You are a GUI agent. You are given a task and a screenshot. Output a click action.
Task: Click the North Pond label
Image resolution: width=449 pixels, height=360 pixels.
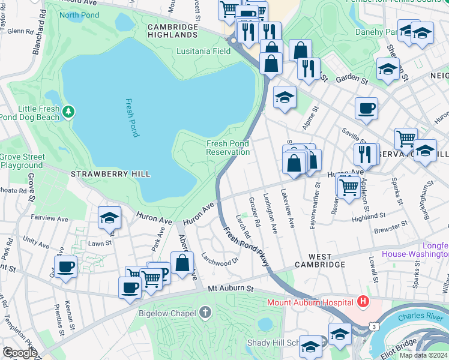(79, 15)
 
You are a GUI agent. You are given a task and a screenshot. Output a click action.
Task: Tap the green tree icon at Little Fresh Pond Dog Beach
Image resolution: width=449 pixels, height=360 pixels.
(70, 111)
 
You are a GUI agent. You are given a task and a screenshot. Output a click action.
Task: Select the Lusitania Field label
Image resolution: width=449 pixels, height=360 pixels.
(204, 51)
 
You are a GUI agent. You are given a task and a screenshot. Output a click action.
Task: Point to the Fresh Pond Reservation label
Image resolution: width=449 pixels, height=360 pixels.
(228, 148)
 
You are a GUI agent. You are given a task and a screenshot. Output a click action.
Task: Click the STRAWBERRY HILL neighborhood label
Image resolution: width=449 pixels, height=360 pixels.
(110, 174)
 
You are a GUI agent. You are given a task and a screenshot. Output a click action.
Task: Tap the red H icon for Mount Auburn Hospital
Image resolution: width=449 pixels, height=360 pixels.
(362, 301)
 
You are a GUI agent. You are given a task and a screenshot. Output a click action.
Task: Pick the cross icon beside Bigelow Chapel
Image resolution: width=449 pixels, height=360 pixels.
(205, 312)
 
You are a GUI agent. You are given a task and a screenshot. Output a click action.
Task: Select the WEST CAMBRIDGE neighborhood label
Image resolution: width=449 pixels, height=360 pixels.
(319, 264)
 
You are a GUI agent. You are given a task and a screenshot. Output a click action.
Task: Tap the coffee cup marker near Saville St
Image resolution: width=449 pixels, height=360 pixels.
(366, 109)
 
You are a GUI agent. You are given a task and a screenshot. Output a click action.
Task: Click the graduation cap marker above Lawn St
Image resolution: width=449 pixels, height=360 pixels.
(110, 218)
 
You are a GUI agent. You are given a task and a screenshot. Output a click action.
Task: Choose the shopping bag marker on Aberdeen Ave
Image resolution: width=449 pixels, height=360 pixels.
(182, 263)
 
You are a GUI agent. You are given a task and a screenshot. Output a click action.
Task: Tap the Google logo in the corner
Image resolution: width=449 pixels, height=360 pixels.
(20, 353)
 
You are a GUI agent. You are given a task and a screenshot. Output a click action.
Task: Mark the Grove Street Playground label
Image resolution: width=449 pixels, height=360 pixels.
(22, 161)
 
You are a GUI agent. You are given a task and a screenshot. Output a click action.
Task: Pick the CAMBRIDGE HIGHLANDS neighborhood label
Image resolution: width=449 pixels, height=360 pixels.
(173, 31)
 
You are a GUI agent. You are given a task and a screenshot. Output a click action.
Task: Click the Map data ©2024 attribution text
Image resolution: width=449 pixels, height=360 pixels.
(423, 355)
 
